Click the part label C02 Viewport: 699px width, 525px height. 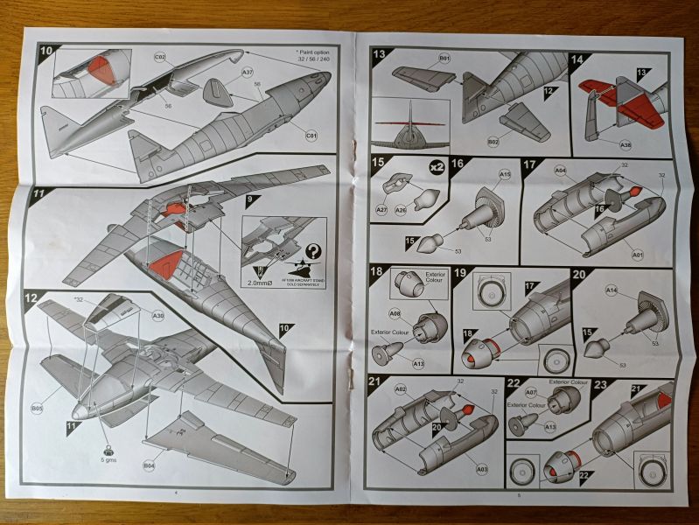(160, 58)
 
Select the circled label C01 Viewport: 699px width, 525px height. (311, 136)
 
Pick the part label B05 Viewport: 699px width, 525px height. (38, 407)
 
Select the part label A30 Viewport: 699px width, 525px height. (157, 315)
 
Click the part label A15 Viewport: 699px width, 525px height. (505, 175)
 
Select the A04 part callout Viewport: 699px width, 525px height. (560, 171)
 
